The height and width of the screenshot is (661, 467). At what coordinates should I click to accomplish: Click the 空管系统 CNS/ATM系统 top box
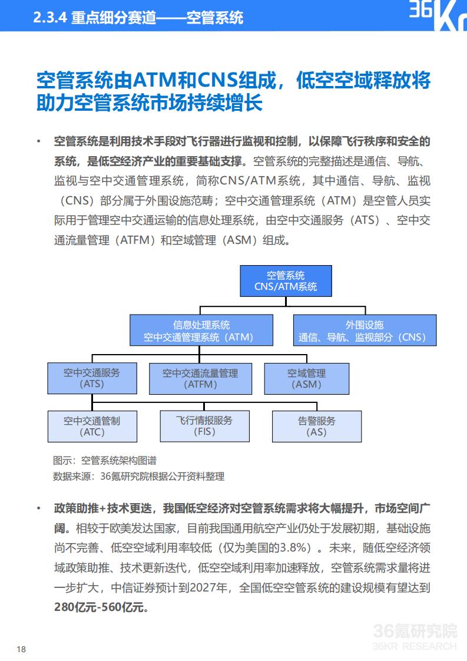(x=286, y=281)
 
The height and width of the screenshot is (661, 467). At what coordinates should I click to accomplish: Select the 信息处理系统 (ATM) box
(x=201, y=330)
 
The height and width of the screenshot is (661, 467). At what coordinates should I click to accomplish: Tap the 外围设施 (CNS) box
(x=365, y=330)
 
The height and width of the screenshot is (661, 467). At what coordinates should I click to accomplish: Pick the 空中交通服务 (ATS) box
(x=92, y=378)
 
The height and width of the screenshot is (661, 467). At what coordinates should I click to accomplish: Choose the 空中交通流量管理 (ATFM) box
(x=201, y=379)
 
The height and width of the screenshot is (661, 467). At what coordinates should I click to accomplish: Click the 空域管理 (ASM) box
(x=307, y=379)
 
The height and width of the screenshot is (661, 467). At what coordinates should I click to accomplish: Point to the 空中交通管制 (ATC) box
(x=92, y=426)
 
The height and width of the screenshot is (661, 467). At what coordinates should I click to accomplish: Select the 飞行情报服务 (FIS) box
(x=205, y=426)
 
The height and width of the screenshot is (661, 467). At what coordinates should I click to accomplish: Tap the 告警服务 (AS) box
(x=317, y=426)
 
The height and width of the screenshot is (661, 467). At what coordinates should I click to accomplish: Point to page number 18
(x=21, y=649)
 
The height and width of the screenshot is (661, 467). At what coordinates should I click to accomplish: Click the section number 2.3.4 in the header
(x=49, y=18)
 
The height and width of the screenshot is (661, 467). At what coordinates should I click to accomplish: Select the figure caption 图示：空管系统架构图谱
(x=105, y=460)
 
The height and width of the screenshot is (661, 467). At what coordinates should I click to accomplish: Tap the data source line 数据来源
(x=138, y=477)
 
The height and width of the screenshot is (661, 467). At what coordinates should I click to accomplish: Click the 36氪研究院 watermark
(x=415, y=636)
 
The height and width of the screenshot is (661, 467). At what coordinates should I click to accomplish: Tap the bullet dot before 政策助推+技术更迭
(x=39, y=508)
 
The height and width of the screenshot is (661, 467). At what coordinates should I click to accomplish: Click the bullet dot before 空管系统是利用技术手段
(x=39, y=141)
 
